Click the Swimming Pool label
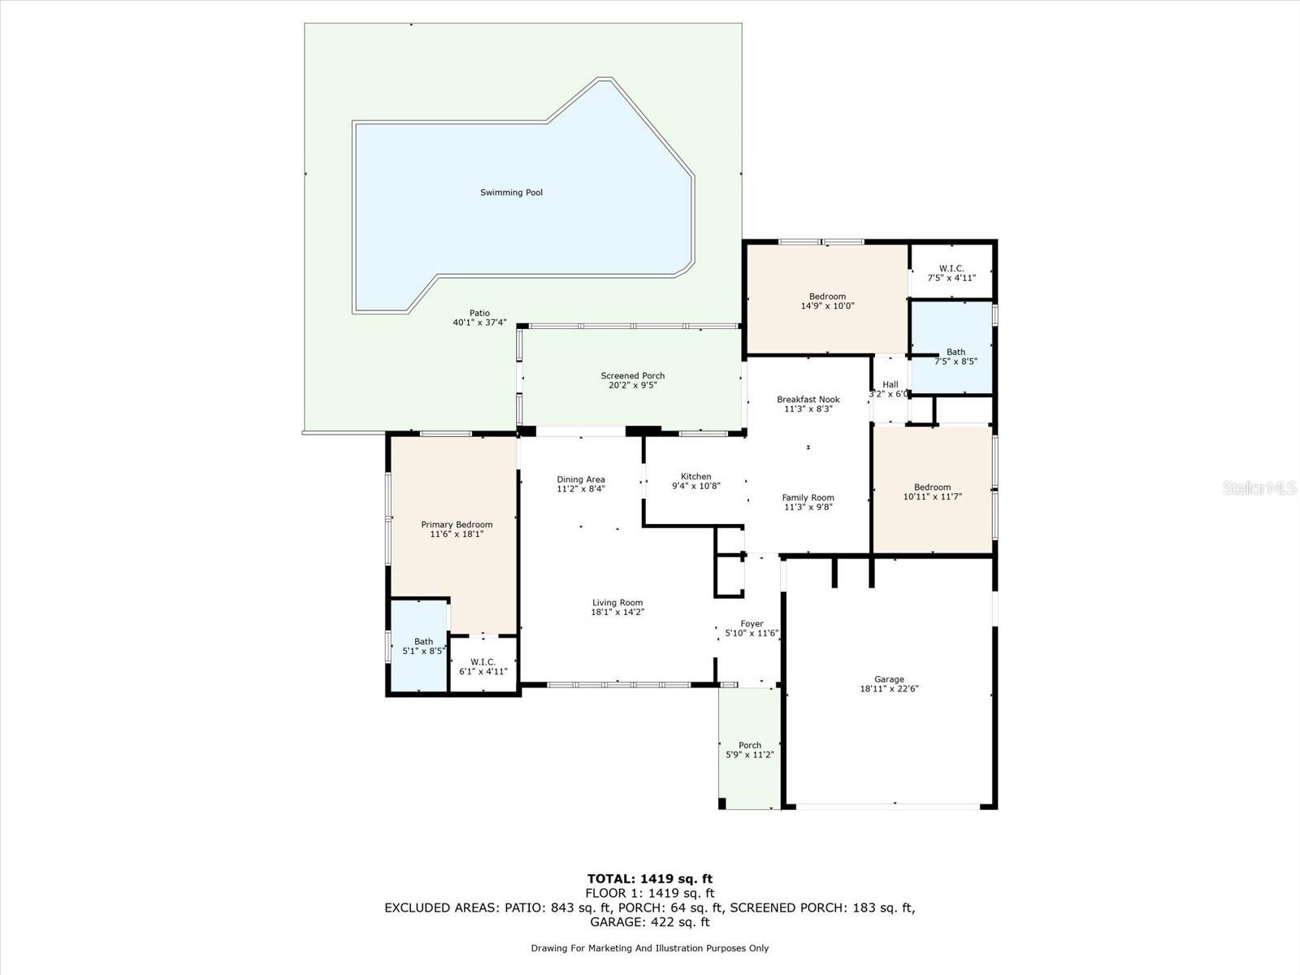point(511,193)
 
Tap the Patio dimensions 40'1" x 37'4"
point(479,323)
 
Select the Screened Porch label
point(632,375)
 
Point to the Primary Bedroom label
point(457,525)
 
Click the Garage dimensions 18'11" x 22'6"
point(889,688)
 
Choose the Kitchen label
point(695,476)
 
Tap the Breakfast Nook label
point(808,399)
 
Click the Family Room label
point(808,497)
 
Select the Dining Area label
point(580,479)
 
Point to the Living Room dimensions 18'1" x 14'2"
point(617,612)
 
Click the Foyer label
point(752,623)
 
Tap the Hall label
point(890,384)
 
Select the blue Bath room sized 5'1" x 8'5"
point(418,645)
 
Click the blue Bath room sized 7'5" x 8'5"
point(951,348)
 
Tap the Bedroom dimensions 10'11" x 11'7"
point(932,496)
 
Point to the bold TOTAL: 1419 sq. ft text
point(650,878)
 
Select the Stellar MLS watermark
point(1259,487)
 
